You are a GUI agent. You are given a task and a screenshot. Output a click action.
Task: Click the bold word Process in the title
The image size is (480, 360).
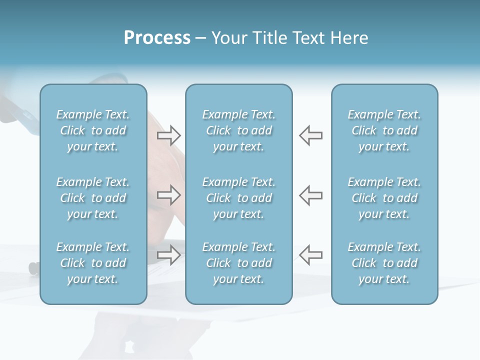coord(157,38)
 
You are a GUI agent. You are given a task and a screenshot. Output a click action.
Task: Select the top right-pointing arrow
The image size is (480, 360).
coord(168,135)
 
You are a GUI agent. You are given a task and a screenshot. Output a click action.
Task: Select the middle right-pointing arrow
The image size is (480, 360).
coord(168,194)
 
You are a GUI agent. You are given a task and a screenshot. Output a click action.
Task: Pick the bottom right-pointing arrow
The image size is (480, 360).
coord(168,254)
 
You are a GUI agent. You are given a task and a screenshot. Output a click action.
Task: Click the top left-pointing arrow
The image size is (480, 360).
coord(311,135)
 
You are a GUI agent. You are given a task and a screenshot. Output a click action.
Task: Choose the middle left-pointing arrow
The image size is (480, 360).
coord(311,194)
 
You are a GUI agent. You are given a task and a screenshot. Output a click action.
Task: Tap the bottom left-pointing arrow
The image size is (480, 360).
coord(311,254)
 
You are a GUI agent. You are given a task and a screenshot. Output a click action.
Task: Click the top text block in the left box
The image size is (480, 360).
coord(93,130)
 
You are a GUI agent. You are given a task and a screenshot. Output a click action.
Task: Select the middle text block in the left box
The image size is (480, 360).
coord(93,198)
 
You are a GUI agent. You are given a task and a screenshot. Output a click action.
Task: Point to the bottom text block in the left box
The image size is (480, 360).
coord(93,263)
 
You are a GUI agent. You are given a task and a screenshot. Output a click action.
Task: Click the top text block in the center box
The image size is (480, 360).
coord(239,130)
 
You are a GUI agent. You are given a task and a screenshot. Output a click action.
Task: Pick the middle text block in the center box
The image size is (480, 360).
coord(239,198)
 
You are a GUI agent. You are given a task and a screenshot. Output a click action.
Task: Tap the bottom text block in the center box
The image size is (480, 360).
coord(239,263)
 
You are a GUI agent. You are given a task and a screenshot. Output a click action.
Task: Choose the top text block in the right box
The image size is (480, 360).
coord(384,130)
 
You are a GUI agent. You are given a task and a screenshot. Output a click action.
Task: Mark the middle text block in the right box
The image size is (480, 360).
coord(384,198)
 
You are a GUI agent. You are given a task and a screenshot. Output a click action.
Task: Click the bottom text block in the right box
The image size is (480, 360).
coord(384,263)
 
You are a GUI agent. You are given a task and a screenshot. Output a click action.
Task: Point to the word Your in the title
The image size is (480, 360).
coord(228,38)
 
